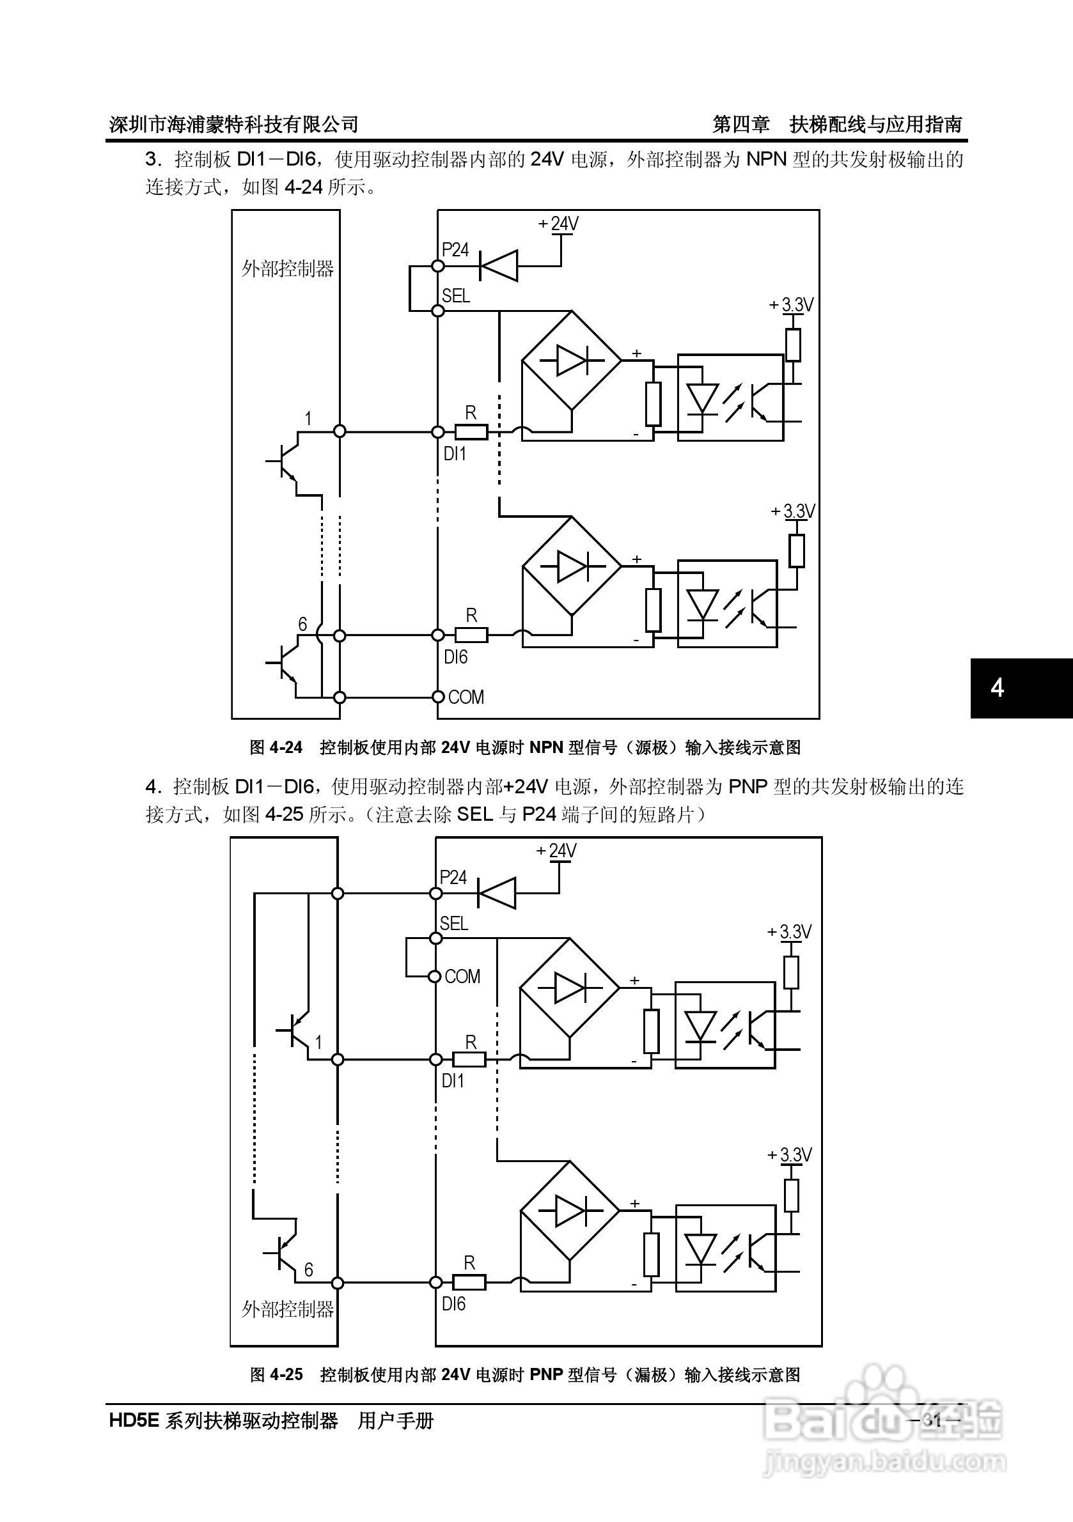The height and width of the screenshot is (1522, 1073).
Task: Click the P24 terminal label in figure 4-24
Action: (455, 250)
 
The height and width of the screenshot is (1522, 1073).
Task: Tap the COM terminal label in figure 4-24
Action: (466, 697)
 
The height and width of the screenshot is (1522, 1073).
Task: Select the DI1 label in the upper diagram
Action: (454, 454)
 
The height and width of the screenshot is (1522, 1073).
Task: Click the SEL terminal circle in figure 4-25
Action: (435, 938)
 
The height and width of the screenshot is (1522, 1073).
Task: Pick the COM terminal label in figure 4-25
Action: (462, 977)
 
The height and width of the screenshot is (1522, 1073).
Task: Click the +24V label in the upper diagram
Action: (558, 224)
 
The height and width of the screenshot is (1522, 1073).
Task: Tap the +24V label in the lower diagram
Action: (556, 850)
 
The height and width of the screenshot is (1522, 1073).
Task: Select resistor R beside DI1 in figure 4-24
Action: (471, 432)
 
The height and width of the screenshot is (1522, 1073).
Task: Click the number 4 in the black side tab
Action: (997, 688)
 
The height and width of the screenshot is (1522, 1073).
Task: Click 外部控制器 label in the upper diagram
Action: (287, 268)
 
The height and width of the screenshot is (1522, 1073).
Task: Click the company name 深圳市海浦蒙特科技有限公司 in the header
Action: (233, 124)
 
